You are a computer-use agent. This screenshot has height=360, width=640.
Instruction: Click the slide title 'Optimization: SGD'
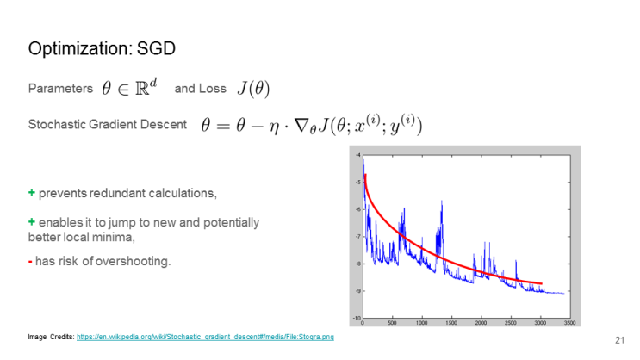[x=102, y=48]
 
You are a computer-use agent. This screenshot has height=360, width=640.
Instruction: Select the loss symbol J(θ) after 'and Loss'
[x=258, y=89]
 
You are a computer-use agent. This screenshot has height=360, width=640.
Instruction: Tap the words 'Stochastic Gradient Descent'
[x=107, y=125]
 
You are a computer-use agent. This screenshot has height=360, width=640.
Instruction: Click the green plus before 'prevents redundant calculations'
[x=32, y=191]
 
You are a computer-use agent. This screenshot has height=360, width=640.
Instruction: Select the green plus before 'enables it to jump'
[x=32, y=222]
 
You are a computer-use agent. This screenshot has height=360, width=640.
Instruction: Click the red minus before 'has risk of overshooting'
[x=31, y=261]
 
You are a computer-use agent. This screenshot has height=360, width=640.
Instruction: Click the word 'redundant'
[x=119, y=191]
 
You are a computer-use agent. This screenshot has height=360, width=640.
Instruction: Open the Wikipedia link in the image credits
[x=205, y=337]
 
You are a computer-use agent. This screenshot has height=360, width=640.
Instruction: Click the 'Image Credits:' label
[x=50, y=337]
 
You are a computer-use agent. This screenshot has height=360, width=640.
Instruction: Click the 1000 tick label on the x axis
[x=421, y=323]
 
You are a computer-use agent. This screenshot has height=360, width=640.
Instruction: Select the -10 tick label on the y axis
[x=355, y=318]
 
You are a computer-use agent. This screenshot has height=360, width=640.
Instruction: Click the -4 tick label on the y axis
[x=357, y=155]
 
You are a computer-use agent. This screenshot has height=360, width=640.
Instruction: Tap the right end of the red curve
[x=541, y=283]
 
